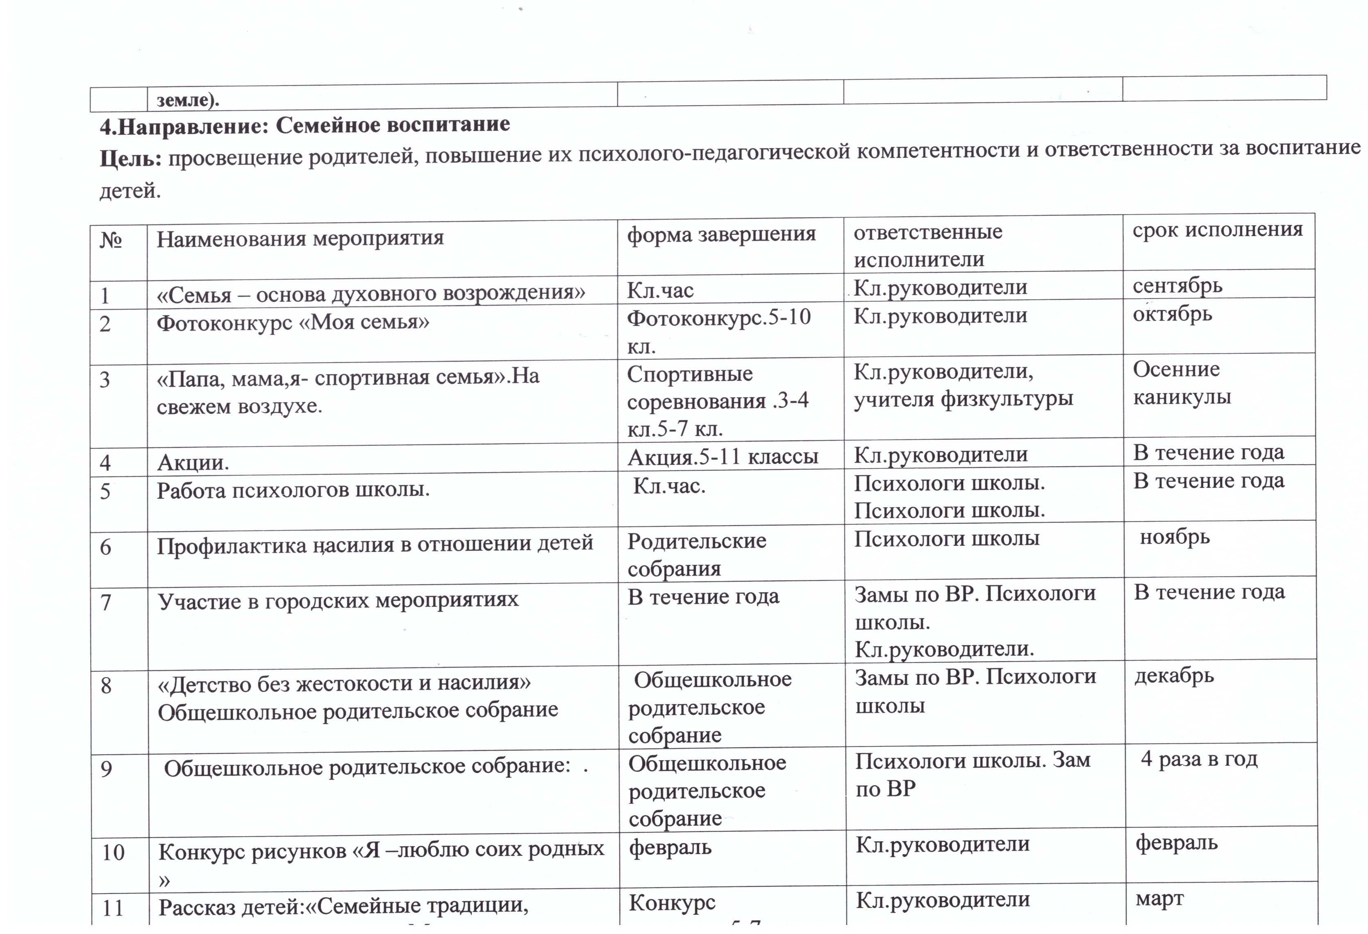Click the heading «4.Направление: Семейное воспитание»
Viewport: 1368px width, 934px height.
(305, 125)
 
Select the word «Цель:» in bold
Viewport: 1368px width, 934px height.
(130, 158)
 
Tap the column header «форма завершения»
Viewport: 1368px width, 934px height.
(721, 234)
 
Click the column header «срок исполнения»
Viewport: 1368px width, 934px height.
(1217, 229)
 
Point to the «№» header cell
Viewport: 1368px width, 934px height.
(111, 240)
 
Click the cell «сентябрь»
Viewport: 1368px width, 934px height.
(1177, 286)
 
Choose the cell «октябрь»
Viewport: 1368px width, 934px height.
(1172, 314)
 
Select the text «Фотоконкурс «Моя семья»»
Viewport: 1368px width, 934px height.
(293, 322)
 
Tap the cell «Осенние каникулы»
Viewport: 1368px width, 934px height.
(1182, 383)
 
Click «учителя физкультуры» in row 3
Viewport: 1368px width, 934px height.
(963, 399)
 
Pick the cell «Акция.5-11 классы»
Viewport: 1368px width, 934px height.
(723, 457)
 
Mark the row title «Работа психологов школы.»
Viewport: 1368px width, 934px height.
(293, 490)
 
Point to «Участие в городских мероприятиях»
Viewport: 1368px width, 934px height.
(338, 600)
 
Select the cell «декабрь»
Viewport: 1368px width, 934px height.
(1174, 676)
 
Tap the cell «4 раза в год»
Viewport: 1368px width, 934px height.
(1198, 759)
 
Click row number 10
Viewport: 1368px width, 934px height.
(113, 852)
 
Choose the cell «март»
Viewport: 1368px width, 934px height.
(1159, 899)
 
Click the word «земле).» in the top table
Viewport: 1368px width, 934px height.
(188, 100)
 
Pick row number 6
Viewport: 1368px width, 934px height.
(105, 547)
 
